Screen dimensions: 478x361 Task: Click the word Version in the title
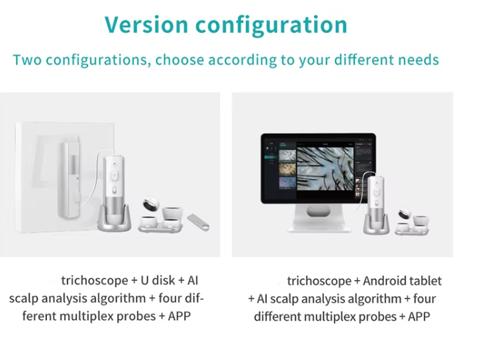coord(146,25)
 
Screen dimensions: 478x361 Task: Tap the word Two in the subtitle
coord(27,60)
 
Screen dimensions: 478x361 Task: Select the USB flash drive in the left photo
coord(198,222)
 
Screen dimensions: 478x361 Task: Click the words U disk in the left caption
coord(158,280)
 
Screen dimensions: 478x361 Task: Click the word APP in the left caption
coord(179,316)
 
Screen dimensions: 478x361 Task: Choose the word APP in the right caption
coord(419,317)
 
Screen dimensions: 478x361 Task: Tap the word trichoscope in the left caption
coord(95,281)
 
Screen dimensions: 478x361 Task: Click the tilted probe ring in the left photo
coord(151,203)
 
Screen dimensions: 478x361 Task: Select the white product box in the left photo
coord(65,178)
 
